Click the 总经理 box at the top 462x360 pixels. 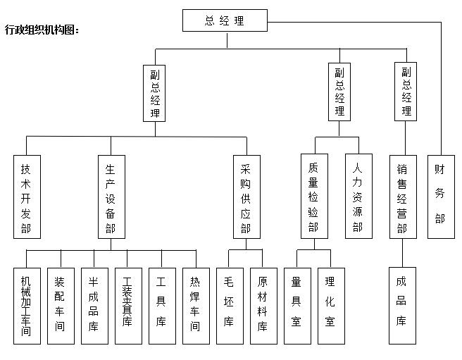pos(225,20)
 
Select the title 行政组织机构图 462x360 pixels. pos(42,30)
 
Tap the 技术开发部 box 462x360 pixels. pos(27,197)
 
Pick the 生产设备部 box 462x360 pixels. pos(111,197)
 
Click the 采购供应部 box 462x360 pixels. pos(246,197)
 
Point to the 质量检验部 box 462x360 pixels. pos(314,196)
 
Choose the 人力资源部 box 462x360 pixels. pos(358,196)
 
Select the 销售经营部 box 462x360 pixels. pos(403,197)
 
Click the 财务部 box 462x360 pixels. pos(441,197)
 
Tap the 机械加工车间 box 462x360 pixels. pos(27,306)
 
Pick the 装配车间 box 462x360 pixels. pos(61,306)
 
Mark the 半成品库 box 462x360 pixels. pos(94,306)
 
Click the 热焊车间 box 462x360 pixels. pos(196,306)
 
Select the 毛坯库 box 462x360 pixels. pos(230,306)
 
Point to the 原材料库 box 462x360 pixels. pos(263,306)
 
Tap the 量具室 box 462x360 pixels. pos(297,306)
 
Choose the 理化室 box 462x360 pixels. pos(331,306)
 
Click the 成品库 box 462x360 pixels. pos(402,306)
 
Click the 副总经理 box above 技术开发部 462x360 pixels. pos(154,93)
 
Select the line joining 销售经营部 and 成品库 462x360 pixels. pos(402,253)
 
